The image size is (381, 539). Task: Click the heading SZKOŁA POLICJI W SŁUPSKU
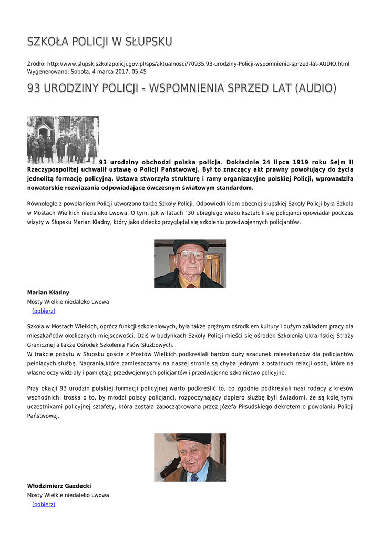point(99,42)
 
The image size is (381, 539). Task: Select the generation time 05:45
point(139,72)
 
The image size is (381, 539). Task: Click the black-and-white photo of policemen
point(63,139)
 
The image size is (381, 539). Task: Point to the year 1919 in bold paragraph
point(299,162)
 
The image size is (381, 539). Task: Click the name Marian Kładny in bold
point(48,292)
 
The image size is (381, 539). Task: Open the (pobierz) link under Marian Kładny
point(44,311)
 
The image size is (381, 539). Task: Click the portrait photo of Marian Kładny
point(190,263)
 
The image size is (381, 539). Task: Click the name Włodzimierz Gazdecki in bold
point(59,486)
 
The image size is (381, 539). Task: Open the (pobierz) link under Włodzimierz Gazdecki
point(44,504)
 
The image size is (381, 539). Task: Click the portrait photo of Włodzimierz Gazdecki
point(190,457)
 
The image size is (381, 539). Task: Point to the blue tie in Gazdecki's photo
point(194,477)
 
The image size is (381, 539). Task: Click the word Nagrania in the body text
point(94,363)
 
